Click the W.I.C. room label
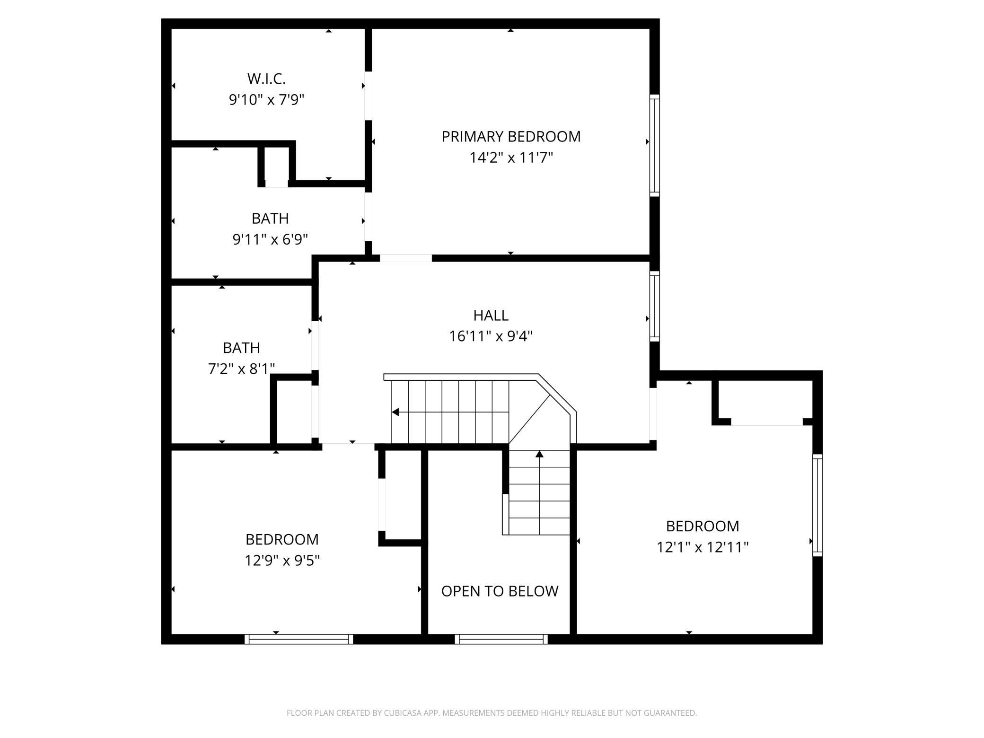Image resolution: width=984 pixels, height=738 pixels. coord(266,79)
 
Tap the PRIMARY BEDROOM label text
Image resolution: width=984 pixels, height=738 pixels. coord(511,136)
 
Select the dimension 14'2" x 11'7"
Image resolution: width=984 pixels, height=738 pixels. coord(511,157)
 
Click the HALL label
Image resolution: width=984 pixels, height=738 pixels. coord(491,315)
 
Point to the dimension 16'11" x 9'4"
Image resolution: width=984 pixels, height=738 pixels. coord(491,336)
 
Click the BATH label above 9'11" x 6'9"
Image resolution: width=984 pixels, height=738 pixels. coord(270,218)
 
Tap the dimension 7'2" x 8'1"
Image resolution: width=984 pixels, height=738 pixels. coord(241,369)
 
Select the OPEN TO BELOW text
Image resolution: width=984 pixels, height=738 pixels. coord(500,591)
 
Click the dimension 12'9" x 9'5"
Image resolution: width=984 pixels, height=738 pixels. coord(282,561)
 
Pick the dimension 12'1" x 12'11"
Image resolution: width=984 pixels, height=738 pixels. coord(703,547)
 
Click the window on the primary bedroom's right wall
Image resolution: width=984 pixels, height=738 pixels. coord(654,145)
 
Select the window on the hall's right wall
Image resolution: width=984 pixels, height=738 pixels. coord(654,306)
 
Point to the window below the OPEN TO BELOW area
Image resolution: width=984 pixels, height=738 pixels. coord(501,639)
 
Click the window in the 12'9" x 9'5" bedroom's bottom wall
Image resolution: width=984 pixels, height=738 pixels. coord(299,639)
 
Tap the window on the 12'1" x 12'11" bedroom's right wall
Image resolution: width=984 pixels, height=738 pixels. coord(817,505)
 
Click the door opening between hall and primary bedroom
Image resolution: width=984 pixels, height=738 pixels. coord(406,258)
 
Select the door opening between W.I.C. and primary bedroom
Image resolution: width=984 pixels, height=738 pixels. coord(368,96)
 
